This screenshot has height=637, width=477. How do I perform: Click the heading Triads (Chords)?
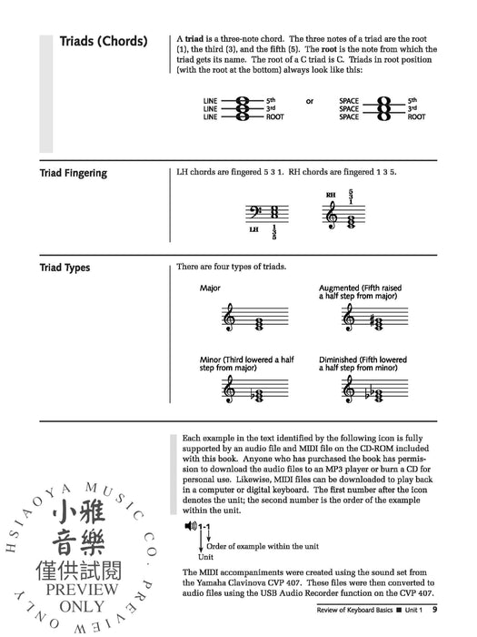point(103,42)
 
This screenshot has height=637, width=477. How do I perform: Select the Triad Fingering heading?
point(74,173)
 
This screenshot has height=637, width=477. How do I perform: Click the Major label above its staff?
point(210,288)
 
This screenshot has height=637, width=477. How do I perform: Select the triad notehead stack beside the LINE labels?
point(242,108)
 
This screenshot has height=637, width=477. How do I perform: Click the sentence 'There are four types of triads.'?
point(231,267)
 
